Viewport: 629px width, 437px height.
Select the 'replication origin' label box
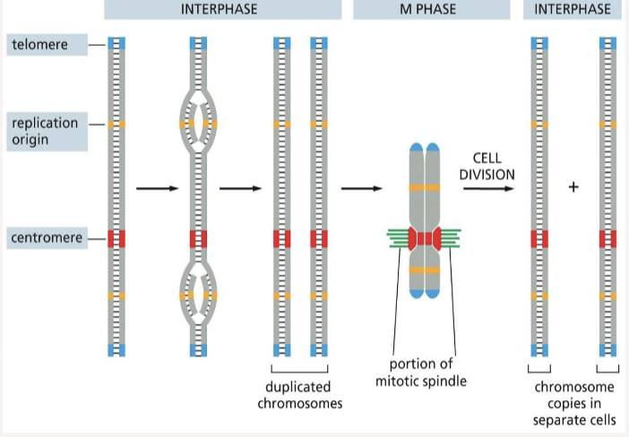46,131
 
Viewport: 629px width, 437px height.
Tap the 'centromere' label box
46,238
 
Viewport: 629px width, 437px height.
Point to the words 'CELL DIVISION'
487,167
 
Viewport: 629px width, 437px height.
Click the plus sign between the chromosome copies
573,187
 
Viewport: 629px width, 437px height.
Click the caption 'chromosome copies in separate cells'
574,403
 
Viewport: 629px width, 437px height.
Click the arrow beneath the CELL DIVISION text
487,188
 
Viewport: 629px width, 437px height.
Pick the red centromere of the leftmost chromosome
116,238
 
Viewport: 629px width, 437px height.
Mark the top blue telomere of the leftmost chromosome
116,43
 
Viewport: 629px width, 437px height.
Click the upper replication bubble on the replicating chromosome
199,116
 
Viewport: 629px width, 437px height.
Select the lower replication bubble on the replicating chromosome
199,287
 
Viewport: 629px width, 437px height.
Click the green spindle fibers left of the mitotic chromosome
400,237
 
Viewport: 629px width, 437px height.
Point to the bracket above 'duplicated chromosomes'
299,370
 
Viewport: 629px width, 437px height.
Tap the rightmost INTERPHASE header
573,9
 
